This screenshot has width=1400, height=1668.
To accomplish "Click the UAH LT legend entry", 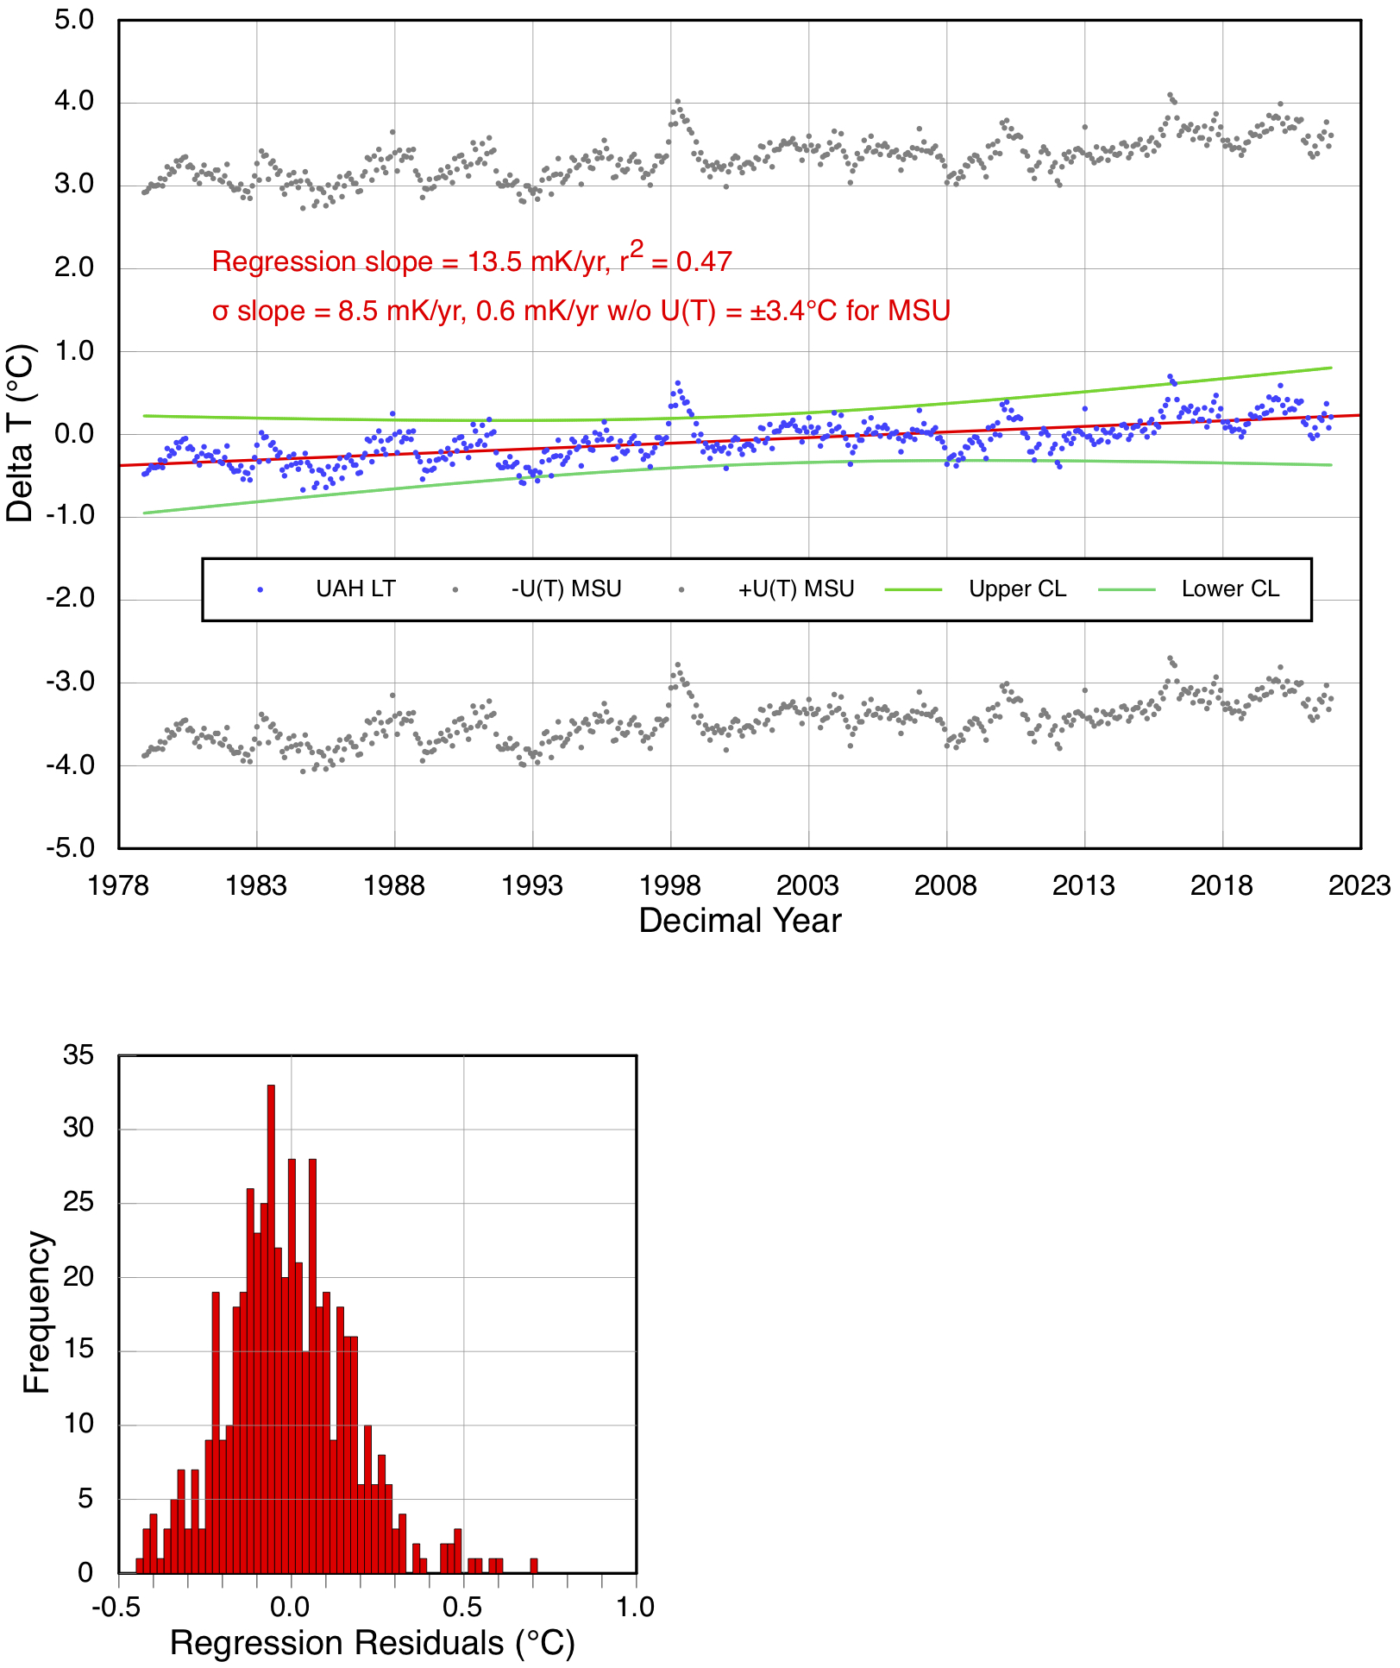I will pyautogui.click(x=355, y=589).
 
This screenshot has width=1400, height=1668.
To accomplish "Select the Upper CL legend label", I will pyautogui.click(x=1017, y=589).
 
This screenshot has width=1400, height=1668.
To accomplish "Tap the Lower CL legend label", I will pyautogui.click(x=1229, y=589).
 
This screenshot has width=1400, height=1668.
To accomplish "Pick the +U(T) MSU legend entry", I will pyautogui.click(x=795, y=589).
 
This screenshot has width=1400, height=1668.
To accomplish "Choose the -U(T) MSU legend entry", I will pyautogui.click(x=566, y=589).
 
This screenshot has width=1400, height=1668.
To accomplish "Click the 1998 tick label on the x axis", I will pyautogui.click(x=670, y=885).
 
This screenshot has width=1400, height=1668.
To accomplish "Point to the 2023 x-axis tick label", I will pyautogui.click(x=1359, y=885).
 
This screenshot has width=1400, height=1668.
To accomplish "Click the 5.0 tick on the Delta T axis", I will pyautogui.click(x=74, y=20).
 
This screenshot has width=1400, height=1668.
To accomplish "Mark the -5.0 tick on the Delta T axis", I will pyautogui.click(x=71, y=848).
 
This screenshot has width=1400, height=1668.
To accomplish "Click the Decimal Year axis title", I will pyautogui.click(x=739, y=921).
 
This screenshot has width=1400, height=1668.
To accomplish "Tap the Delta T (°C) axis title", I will pyautogui.click(x=21, y=433).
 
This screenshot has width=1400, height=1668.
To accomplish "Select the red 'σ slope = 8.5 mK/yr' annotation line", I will pyautogui.click(x=581, y=311).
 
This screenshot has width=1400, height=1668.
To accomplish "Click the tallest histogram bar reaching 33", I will pyautogui.click(x=271, y=1329).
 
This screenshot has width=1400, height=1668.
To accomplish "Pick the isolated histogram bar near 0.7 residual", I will pyautogui.click(x=534, y=1565).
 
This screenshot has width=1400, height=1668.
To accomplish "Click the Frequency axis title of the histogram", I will pyautogui.click(x=37, y=1312).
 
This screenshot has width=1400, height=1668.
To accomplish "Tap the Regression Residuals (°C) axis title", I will pyautogui.click(x=372, y=1643).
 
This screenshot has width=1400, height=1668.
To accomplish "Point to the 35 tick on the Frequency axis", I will pyautogui.click(x=78, y=1055).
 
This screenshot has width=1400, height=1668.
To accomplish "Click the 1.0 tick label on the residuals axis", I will pyautogui.click(x=635, y=1607).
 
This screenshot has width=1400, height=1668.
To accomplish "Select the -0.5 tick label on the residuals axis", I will pyautogui.click(x=116, y=1607).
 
